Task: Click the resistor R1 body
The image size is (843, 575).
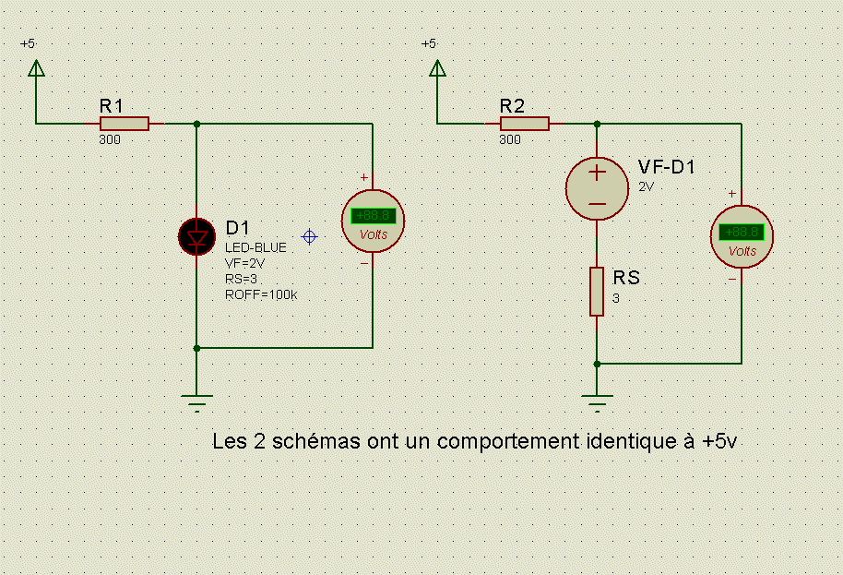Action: [124, 124]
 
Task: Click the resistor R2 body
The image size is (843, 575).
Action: [524, 124]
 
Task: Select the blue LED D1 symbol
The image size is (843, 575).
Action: [196, 236]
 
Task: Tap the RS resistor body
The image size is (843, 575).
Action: [597, 292]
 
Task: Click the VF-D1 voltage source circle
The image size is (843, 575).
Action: [597, 187]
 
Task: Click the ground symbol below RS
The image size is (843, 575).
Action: [597, 402]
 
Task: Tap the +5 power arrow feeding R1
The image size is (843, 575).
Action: [35, 68]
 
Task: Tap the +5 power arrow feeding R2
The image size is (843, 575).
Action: [436, 68]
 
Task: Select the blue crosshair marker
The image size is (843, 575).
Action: [310, 236]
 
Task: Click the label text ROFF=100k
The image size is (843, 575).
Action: [261, 295]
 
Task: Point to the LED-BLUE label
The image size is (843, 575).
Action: [255, 247]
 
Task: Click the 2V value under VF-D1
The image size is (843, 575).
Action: [646, 186]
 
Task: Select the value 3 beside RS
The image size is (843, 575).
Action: [616, 298]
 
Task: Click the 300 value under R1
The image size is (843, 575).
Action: [109, 140]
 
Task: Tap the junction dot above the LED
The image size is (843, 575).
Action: [196, 124]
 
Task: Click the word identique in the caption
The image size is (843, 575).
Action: [627, 441]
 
